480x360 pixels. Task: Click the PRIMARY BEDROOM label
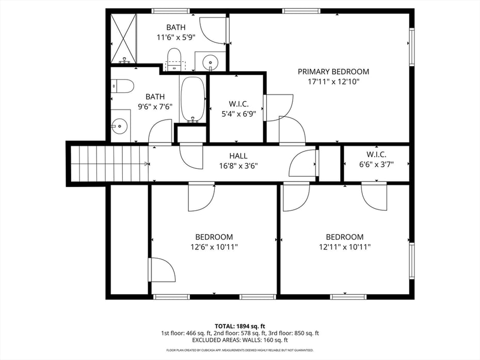pyautogui.click(x=333, y=72)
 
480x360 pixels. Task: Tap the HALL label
pyautogui.click(x=238, y=155)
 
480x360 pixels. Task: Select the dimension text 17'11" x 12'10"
pyautogui.click(x=333, y=82)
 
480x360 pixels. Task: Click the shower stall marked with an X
pyautogui.click(x=123, y=38)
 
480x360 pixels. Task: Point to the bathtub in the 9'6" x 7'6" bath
pyautogui.click(x=193, y=100)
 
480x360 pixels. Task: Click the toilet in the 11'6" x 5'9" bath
pyautogui.click(x=174, y=59)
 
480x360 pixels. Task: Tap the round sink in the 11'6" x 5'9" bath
pyautogui.click(x=211, y=62)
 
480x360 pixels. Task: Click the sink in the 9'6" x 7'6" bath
pyautogui.click(x=120, y=125)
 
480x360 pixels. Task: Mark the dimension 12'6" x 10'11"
pyautogui.click(x=214, y=247)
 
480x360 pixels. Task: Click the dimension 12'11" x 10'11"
pyautogui.click(x=344, y=247)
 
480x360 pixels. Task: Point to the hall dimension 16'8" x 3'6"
pyautogui.click(x=238, y=166)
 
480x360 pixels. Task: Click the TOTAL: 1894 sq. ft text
pyautogui.click(x=240, y=326)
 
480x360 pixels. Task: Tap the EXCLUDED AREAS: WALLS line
pyautogui.click(x=240, y=340)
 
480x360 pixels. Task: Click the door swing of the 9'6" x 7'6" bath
pyautogui.click(x=161, y=132)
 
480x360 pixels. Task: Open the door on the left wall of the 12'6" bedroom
pyautogui.click(x=162, y=269)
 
